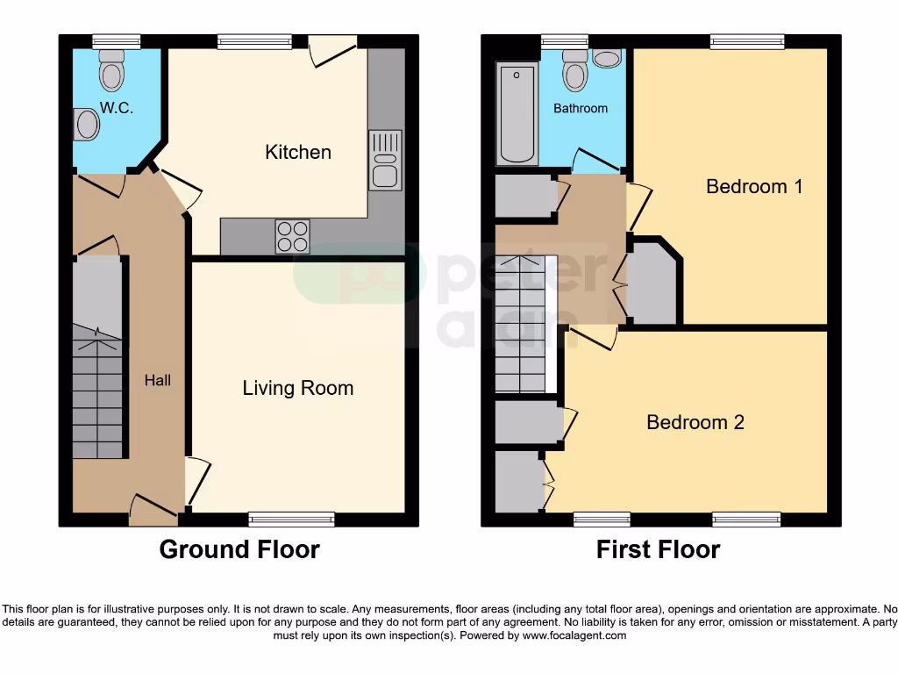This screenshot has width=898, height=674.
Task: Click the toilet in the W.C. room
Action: (112, 70)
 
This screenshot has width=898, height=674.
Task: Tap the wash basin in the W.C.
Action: (86, 124)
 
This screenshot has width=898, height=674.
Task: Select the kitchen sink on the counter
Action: (385, 160)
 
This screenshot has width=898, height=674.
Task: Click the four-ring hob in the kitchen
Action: (292, 235)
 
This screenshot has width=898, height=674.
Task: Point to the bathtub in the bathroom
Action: (517, 113)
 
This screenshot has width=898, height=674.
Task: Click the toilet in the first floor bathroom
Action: (574, 69)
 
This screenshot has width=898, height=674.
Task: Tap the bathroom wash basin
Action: (606, 58)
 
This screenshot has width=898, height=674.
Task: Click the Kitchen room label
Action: (298, 152)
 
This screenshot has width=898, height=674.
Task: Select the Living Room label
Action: (298, 388)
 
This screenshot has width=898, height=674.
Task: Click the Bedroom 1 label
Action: (754, 186)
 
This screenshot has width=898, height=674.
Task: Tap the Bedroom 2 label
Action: (695, 422)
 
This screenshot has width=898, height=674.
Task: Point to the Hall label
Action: (158, 380)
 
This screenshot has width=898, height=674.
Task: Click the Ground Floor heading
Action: (239, 549)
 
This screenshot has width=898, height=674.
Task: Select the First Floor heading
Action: (658, 549)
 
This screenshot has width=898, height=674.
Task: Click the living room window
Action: (291, 519)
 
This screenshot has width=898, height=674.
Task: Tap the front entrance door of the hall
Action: (153, 509)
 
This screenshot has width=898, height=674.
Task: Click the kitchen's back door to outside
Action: (333, 49)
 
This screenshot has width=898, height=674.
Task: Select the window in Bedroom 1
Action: (747, 41)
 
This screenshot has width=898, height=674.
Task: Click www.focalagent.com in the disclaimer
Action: (574, 635)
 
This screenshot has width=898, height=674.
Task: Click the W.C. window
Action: (117, 41)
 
